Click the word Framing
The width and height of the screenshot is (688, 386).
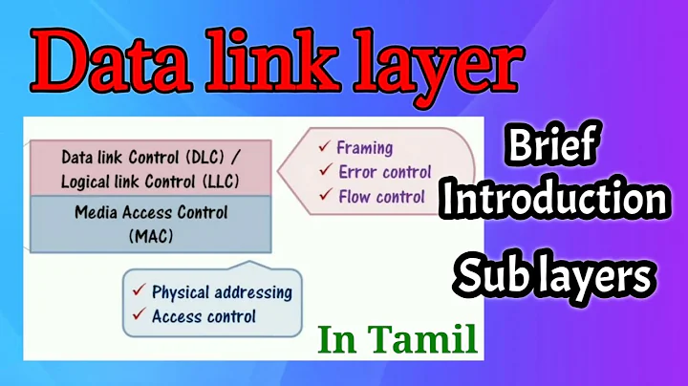coord(366,148)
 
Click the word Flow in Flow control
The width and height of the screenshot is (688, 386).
coord(355,197)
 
